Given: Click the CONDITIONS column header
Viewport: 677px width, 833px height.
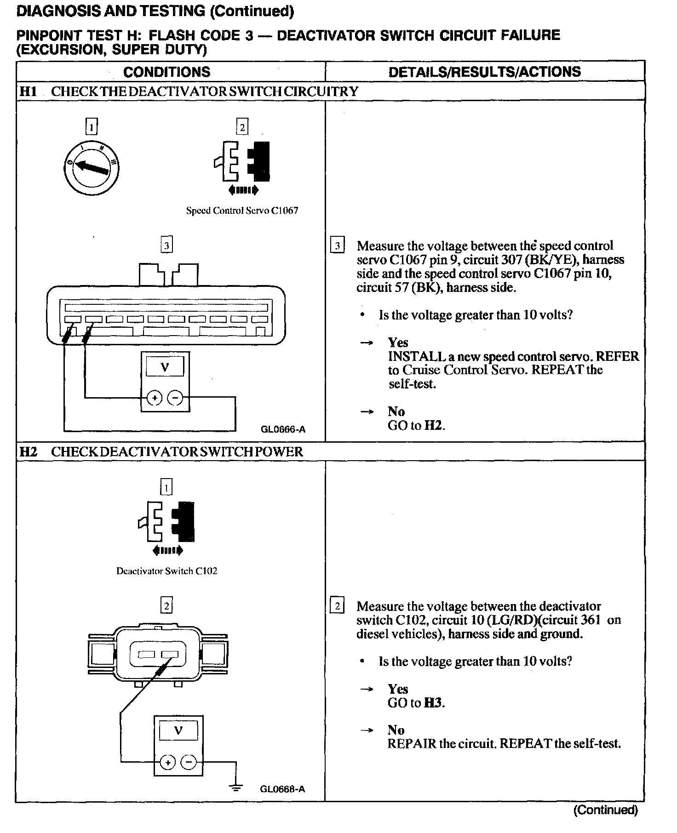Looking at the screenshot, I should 166,72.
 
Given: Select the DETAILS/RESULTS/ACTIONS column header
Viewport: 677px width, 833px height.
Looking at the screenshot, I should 484,72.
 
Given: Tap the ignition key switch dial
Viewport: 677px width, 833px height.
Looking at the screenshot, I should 92,167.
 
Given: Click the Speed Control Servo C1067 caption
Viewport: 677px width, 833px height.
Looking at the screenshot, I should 242,211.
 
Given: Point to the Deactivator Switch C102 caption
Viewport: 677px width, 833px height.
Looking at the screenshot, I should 166,571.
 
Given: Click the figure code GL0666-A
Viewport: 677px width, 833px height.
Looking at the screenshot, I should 283,430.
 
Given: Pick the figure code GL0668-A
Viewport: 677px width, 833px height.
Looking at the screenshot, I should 282,789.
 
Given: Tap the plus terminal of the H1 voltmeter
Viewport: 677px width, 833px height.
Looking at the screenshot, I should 155,398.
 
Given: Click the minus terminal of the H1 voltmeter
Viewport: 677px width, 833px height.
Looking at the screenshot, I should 175,398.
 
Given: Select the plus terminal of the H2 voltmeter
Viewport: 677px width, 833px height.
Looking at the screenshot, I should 168,762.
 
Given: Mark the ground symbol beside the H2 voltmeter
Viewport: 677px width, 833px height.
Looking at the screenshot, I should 236,787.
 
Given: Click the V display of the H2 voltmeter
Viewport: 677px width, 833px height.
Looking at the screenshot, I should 178,731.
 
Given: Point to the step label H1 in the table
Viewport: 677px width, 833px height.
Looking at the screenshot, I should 28,91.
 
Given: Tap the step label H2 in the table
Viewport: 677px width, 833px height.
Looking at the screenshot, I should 28,452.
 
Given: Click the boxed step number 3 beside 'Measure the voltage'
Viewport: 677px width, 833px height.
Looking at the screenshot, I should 337,246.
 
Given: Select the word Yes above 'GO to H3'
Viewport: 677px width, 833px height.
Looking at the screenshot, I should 398,689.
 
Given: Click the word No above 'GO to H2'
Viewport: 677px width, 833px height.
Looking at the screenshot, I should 396,411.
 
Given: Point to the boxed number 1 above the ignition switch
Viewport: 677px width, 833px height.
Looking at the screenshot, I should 92,126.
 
